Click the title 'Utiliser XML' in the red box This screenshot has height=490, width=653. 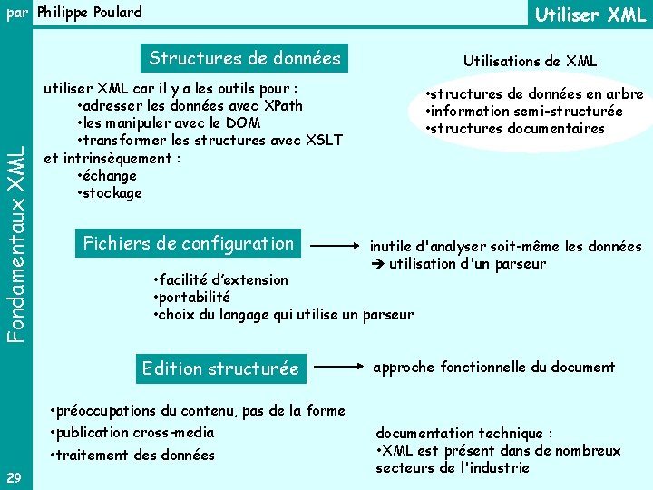(x=590, y=15)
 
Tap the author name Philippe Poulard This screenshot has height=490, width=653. (x=90, y=13)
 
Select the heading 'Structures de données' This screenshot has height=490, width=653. (x=245, y=59)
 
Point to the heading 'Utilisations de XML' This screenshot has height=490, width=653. (x=530, y=61)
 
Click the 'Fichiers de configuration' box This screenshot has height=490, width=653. (x=189, y=243)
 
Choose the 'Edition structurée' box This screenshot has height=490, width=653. (x=220, y=368)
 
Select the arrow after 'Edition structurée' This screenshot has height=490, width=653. (x=344, y=368)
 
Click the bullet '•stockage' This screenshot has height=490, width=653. (x=110, y=192)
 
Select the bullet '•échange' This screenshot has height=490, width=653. (x=107, y=175)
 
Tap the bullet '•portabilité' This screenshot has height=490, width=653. (x=192, y=298)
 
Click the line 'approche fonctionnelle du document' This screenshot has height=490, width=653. (x=494, y=367)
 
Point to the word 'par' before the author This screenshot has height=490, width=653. (x=16, y=13)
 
